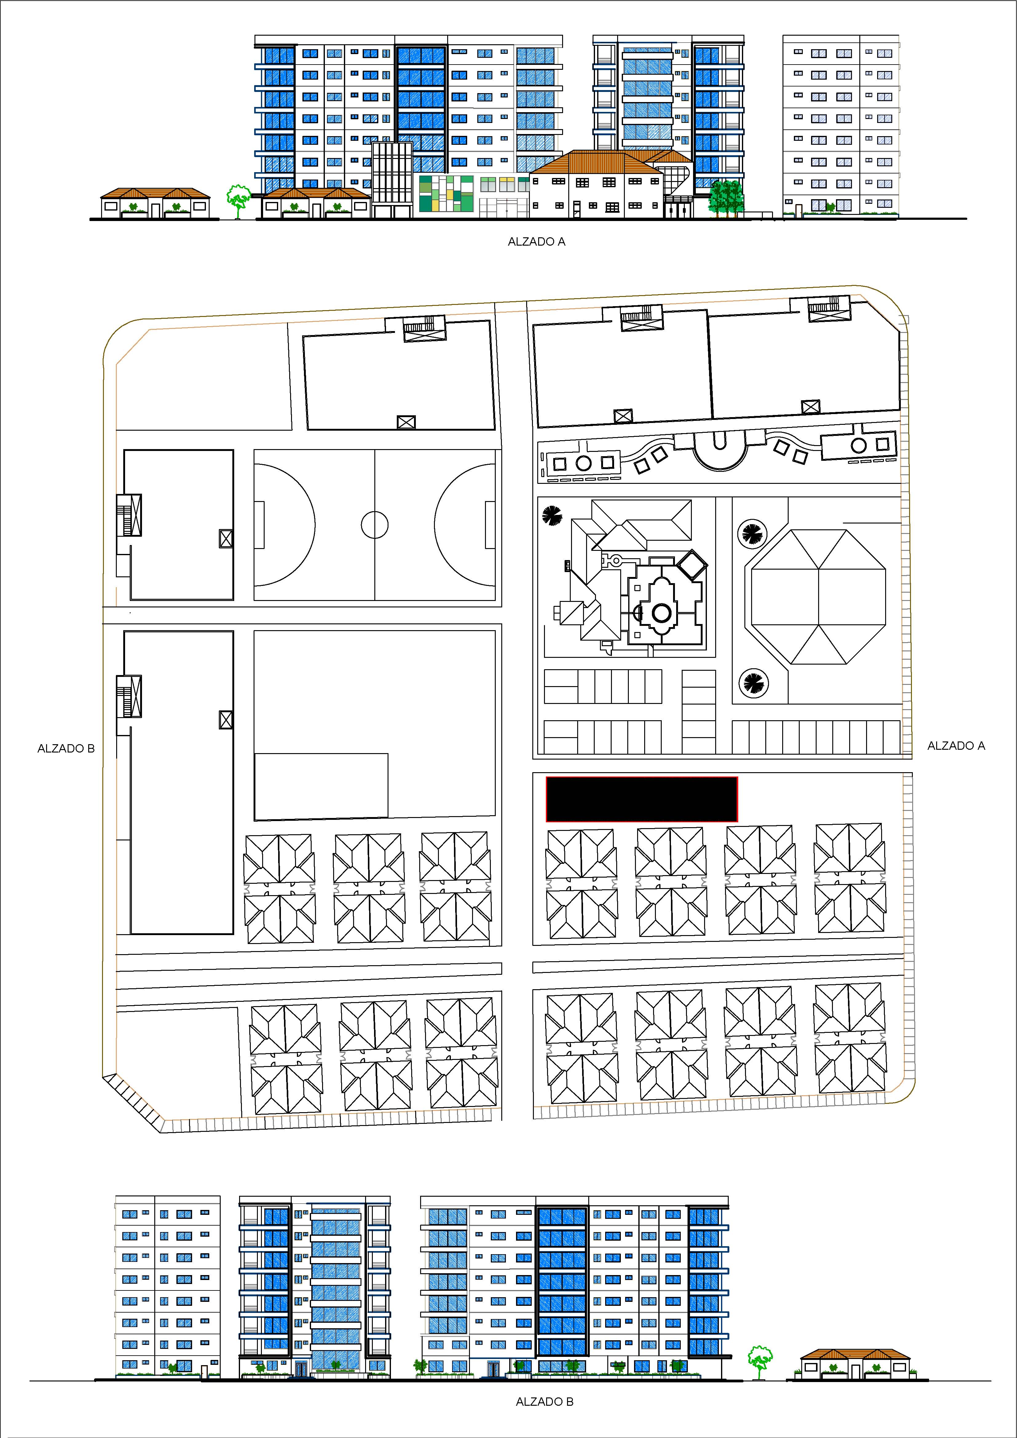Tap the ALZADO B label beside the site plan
[66, 749]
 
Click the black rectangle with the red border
[642, 799]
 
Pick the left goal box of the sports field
[259, 525]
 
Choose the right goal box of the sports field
[490, 525]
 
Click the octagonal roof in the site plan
[818, 597]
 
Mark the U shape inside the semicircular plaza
[719, 442]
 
